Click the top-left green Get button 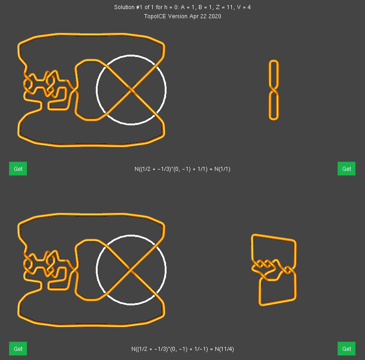(18, 169)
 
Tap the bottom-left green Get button (18, 349)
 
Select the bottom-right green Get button (346, 349)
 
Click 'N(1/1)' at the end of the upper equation (222, 169)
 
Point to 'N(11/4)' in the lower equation (224, 349)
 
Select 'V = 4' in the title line (244, 7)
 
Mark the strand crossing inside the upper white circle (131, 90)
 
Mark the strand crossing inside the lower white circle (130, 270)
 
